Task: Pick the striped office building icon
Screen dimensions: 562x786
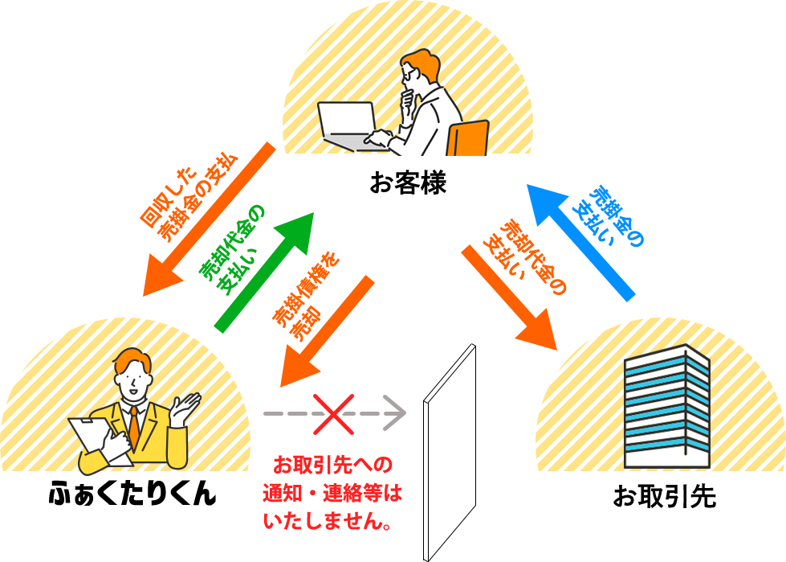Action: point(666,406)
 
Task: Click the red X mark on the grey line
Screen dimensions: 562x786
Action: point(332,413)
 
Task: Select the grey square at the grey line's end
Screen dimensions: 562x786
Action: point(394,412)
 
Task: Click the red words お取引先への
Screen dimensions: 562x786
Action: point(332,466)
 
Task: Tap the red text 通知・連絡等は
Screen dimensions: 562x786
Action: point(332,493)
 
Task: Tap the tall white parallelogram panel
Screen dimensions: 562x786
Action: point(449,450)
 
